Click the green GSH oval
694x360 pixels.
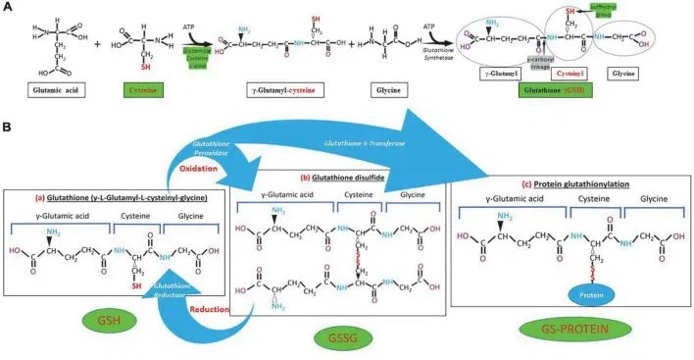[x=108, y=320]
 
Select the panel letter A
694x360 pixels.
[x=9, y=9]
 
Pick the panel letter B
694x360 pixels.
[x=9, y=128]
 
